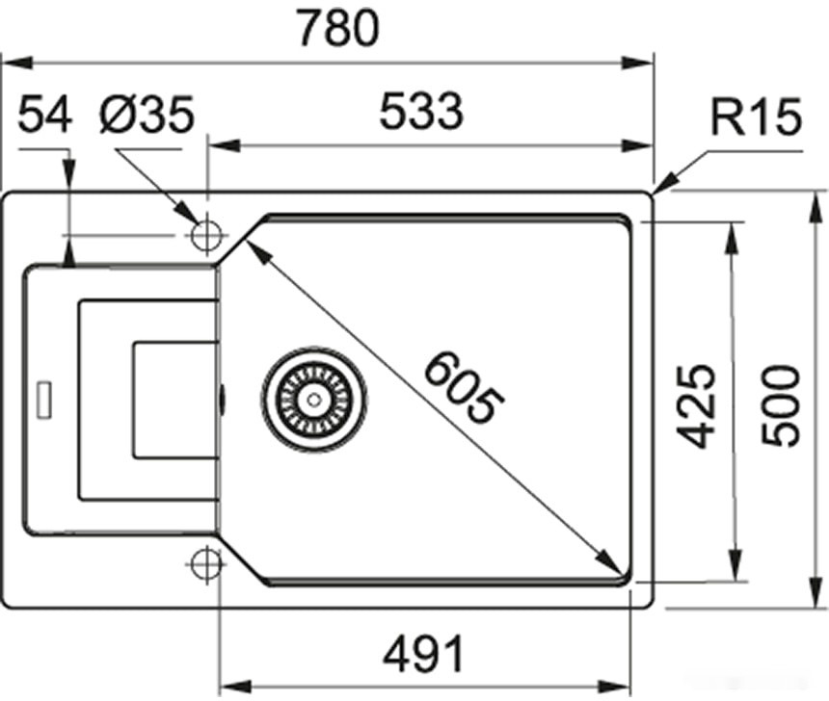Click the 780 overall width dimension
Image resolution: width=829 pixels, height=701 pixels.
tap(336, 29)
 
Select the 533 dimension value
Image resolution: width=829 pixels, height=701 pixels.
tap(421, 114)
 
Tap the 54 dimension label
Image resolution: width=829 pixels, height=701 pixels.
tap(45, 116)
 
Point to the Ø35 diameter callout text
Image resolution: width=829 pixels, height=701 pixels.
tap(147, 116)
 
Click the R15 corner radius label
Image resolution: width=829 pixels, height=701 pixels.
tap(756, 119)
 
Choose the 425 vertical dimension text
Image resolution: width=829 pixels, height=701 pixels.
tap(696, 404)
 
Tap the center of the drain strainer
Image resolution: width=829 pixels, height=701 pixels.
tap(313, 399)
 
